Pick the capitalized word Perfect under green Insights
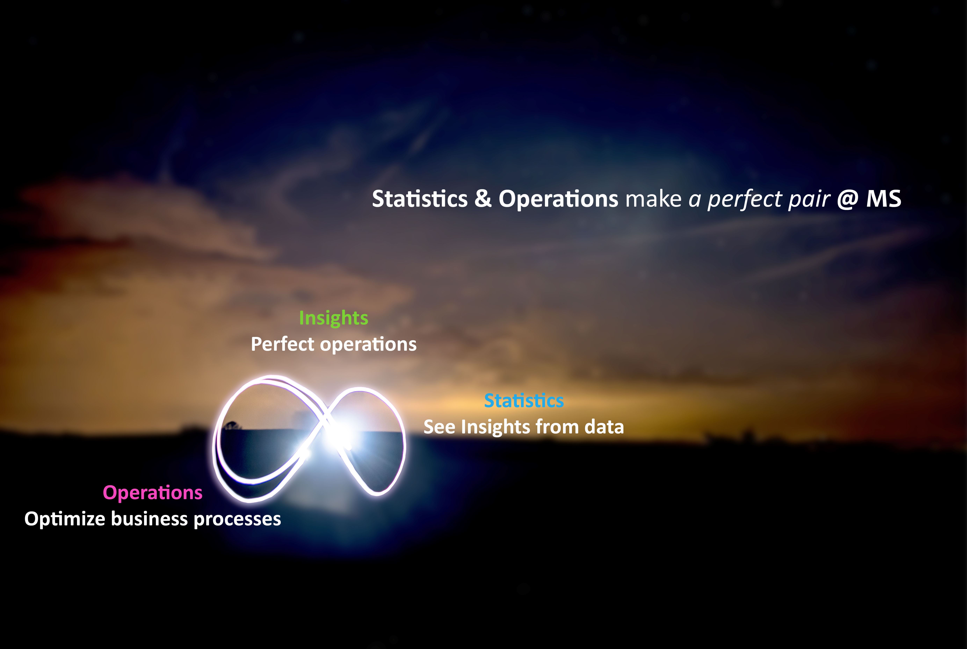(x=283, y=344)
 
